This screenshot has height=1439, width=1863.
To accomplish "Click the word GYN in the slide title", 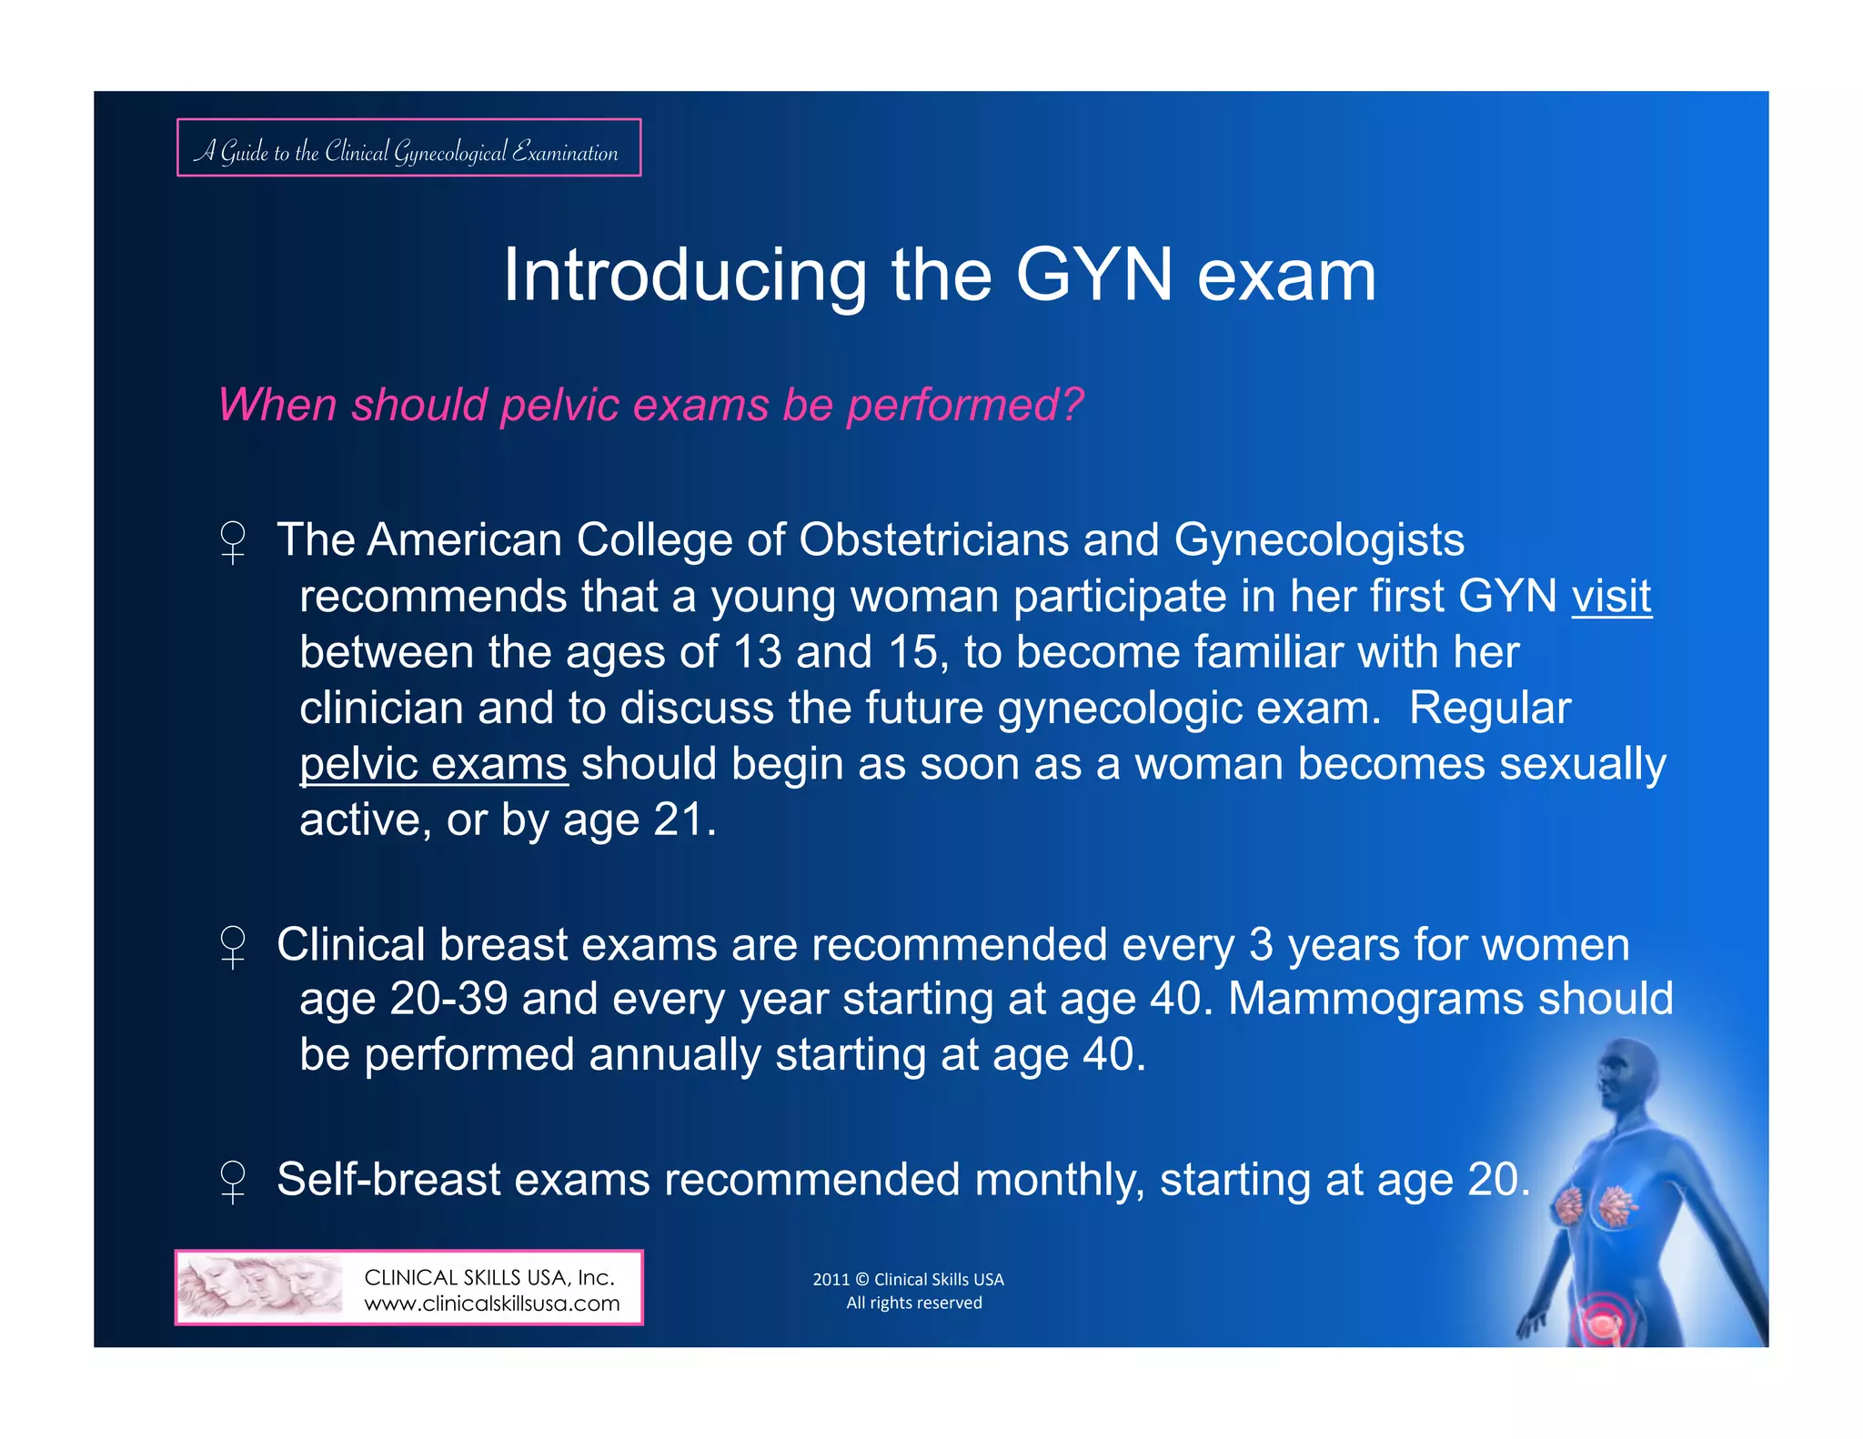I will point(1094,275).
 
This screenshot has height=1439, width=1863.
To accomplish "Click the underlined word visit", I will point(1611,597).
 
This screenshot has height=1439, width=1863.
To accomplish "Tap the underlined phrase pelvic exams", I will point(434,764).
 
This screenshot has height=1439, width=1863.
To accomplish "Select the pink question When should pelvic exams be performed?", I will point(650,405).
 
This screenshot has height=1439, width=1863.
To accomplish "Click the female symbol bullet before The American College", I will point(233,542).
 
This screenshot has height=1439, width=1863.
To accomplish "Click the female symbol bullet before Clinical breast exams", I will point(233,947).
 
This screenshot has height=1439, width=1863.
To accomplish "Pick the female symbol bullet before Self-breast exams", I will point(233,1182).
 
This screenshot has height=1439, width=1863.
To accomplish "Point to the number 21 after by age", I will point(679,820).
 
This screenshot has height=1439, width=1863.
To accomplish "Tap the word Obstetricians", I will point(933,540).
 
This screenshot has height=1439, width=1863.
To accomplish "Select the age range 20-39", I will point(448,999).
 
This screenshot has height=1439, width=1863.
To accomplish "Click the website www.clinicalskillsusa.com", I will point(491,1303).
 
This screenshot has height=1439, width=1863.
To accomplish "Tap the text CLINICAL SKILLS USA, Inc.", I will point(489,1277).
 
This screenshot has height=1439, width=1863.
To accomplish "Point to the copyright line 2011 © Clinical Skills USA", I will point(908,1279).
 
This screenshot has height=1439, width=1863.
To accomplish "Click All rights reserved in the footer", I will point(913,1303).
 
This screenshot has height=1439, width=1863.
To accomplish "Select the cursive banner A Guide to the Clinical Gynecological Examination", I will point(408,149).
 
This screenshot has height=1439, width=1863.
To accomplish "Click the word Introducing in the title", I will point(685,275).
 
